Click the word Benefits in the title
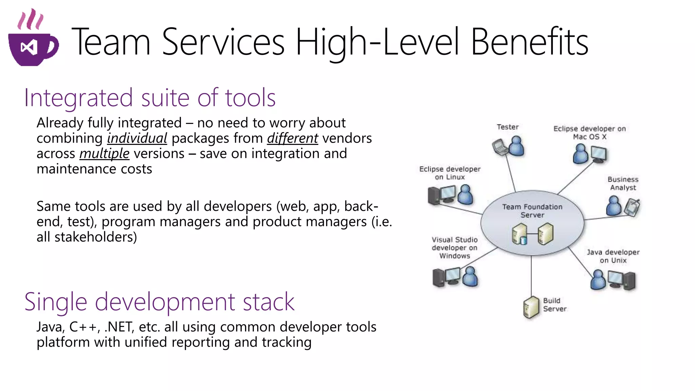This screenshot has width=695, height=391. tap(529, 42)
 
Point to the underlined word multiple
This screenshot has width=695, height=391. tap(104, 154)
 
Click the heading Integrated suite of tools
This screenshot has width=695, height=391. tap(150, 98)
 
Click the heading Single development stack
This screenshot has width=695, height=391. tap(159, 302)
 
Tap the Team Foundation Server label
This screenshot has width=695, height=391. tap(532, 211)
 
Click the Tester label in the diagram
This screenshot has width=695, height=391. tap(507, 127)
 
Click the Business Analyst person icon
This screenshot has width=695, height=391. tap(613, 206)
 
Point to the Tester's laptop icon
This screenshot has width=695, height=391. tap(499, 147)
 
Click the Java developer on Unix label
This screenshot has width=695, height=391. tap(613, 256)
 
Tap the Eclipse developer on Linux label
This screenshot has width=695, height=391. tap(450, 173)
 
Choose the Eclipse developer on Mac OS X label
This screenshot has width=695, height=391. tap(589, 133)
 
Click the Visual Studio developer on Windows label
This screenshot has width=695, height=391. tap(454, 248)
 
